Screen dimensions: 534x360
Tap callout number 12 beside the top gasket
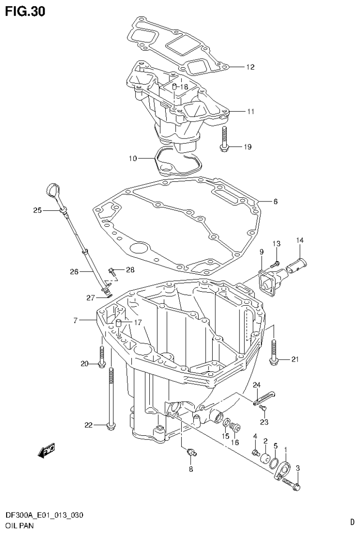(250, 67)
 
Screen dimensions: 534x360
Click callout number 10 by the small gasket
(133, 159)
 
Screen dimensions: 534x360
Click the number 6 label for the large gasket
(275, 201)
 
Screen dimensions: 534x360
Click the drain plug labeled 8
(191, 452)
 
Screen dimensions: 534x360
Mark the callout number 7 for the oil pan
(75, 320)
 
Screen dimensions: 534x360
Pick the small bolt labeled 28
(113, 271)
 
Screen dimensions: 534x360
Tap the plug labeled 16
(236, 427)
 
